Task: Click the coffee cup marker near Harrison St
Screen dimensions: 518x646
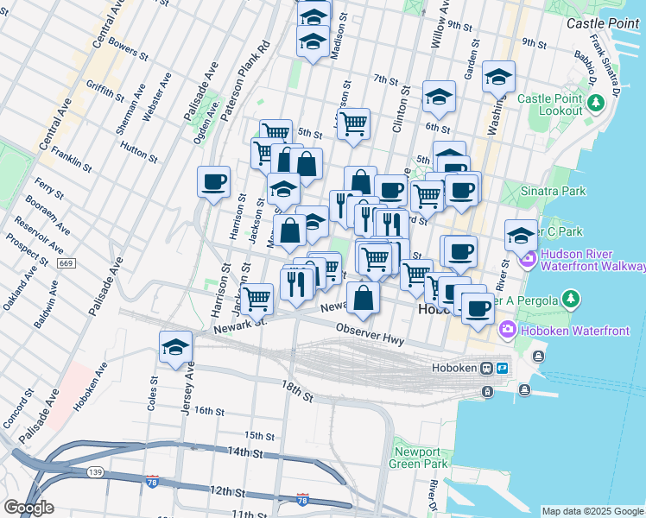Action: [213, 183]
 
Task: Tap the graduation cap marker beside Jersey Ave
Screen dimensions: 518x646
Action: [176, 348]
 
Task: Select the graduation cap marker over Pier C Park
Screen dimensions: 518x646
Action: [521, 235]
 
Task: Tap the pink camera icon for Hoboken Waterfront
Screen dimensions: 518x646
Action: [508, 328]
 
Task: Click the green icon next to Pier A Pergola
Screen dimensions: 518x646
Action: [569, 299]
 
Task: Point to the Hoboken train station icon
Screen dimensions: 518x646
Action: [487, 368]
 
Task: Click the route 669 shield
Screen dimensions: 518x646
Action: [66, 262]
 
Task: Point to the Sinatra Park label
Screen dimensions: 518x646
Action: [554, 190]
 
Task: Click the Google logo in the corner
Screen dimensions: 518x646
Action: [28, 507]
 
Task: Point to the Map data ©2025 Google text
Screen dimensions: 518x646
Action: [592, 511]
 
